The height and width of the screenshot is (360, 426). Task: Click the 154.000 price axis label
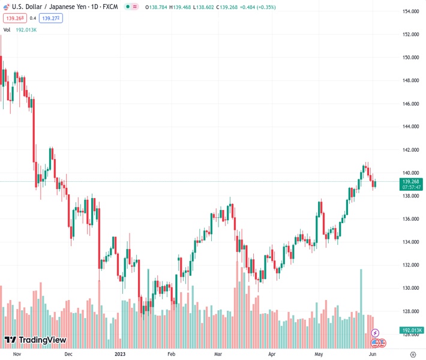click(x=410, y=11)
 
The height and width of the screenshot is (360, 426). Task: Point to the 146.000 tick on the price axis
click(x=410, y=104)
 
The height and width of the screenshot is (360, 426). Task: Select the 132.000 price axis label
click(x=410, y=265)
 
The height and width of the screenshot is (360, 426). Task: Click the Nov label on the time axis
click(x=17, y=354)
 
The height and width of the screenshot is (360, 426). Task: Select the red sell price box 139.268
click(x=15, y=18)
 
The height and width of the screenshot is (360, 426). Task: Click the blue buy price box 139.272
click(x=52, y=18)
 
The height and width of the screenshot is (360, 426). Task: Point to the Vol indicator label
click(x=7, y=29)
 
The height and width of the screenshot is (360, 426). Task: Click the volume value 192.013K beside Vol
click(x=26, y=29)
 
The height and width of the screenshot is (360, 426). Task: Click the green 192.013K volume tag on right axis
click(x=412, y=330)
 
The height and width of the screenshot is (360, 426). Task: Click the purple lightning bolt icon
click(x=376, y=333)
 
